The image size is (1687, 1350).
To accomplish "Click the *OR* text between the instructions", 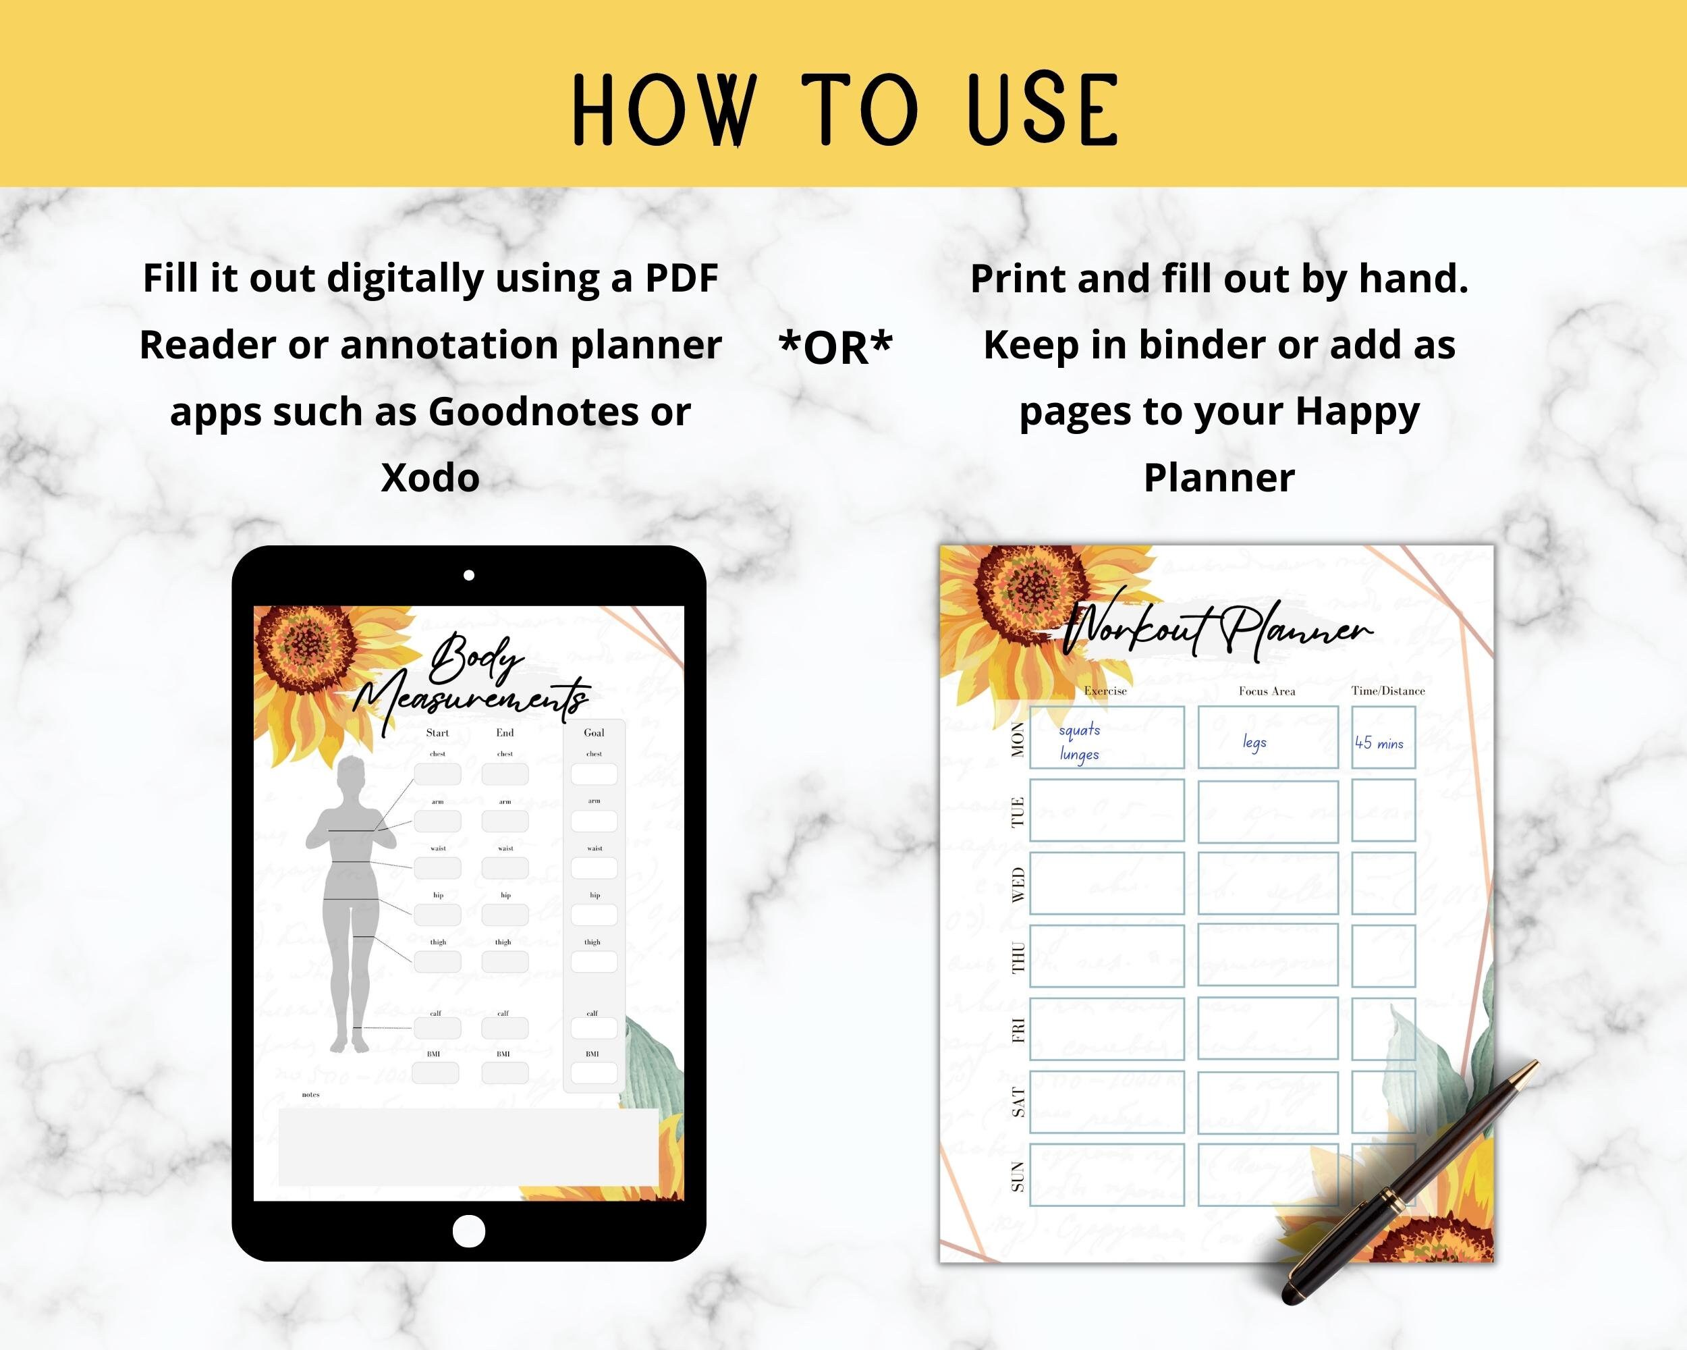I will (x=835, y=347).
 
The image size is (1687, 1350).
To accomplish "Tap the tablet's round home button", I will (x=469, y=1231).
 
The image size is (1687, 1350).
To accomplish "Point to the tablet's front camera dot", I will (x=469, y=575).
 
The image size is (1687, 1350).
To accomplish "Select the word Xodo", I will (x=430, y=478).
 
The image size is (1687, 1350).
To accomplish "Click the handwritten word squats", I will (x=1079, y=730).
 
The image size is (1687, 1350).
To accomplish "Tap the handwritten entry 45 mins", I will (x=1379, y=742).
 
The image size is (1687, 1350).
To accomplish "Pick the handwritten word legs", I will (x=1254, y=742).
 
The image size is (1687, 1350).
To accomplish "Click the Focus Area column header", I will (x=1267, y=691).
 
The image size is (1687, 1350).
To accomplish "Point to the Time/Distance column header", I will (x=1388, y=691).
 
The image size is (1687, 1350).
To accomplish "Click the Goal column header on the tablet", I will (x=594, y=732).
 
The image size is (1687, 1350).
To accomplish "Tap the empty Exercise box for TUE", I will (x=1107, y=810).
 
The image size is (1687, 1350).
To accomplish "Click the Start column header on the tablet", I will (x=437, y=732).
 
